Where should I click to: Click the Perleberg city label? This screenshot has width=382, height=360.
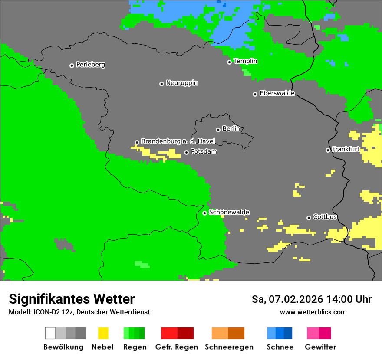point(90,65)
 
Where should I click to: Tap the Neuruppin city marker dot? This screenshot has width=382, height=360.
point(161,84)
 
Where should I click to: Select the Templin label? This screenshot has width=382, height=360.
point(245,61)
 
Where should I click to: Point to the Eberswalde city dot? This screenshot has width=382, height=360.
point(255,94)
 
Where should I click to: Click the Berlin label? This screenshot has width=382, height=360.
point(231,129)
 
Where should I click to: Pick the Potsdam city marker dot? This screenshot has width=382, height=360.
point(186,152)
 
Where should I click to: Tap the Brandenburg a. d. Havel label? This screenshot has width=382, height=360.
point(178,141)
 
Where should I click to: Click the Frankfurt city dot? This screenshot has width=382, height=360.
point(328,150)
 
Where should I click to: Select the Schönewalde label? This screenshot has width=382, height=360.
point(229,212)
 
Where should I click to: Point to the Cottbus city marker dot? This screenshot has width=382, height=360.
point(309,218)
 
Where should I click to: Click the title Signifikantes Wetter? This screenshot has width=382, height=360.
point(72,299)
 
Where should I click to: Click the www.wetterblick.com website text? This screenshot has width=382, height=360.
point(313,312)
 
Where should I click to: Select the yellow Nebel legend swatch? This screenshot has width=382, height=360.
point(103,333)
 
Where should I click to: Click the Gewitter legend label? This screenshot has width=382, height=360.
point(320,347)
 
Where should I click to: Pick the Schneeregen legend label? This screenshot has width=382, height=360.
point(229,347)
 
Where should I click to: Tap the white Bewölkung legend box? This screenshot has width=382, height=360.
point(50,333)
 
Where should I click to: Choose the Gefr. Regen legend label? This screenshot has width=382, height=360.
point(176,347)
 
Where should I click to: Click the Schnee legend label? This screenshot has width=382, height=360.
point(280,347)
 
